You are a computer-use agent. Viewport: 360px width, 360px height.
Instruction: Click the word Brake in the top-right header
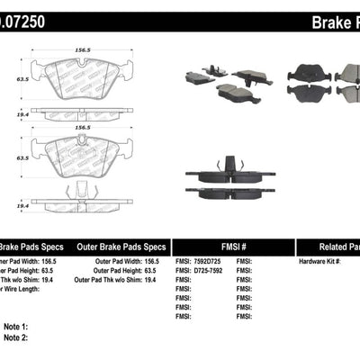[326, 20]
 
